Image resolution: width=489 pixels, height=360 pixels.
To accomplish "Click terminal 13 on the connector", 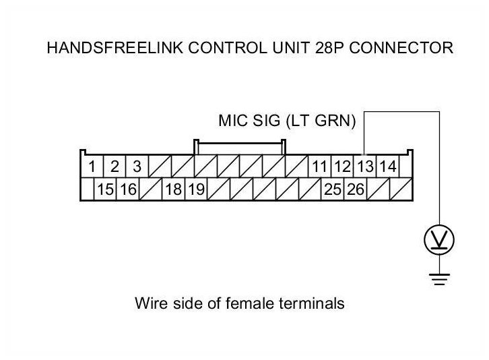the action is (x=365, y=166).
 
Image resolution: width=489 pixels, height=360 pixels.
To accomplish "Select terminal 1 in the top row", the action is (x=92, y=166).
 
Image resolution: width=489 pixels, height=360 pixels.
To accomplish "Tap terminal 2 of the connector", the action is (x=115, y=166).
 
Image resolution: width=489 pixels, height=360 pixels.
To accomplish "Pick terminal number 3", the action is (x=137, y=166).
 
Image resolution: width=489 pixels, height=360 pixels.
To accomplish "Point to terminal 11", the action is (x=319, y=166).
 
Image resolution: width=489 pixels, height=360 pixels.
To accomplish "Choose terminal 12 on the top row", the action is (x=342, y=166).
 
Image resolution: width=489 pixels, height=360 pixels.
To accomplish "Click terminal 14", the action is (x=388, y=166).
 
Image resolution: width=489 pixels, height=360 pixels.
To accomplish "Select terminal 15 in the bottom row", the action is (x=105, y=189).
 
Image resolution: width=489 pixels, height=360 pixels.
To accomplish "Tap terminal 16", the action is (x=128, y=189).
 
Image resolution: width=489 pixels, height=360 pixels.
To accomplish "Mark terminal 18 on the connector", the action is (x=173, y=189).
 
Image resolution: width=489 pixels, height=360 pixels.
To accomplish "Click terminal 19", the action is (x=196, y=189).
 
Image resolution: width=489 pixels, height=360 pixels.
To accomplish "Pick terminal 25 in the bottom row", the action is (x=333, y=189).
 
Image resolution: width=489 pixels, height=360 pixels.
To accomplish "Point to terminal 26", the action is (x=355, y=189).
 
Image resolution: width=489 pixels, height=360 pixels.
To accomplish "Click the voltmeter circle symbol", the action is (x=439, y=239).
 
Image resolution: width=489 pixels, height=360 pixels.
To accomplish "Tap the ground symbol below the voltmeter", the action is (x=439, y=279).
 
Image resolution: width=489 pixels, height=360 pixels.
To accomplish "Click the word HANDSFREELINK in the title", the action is (x=115, y=48).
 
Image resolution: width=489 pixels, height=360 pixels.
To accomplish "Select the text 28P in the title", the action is (x=329, y=48).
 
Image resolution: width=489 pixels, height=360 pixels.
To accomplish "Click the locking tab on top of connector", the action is (x=240, y=147).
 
